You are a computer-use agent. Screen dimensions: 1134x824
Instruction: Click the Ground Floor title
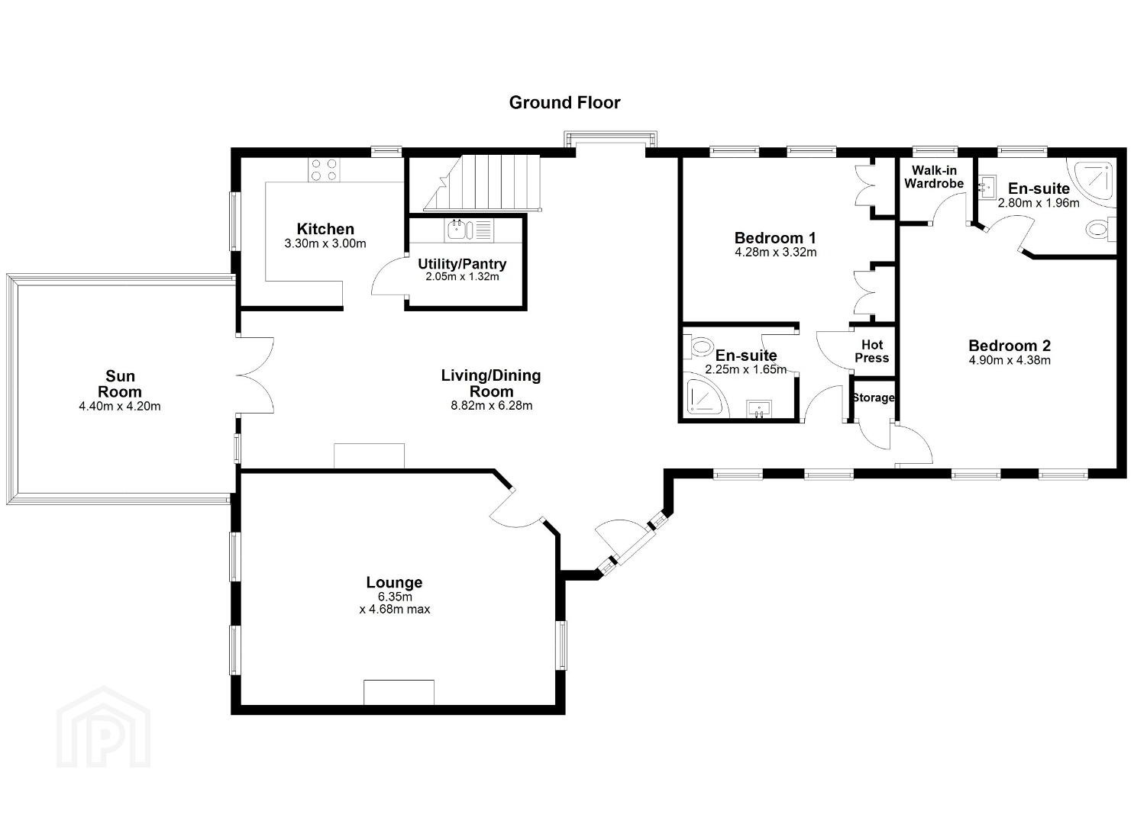[x=564, y=103]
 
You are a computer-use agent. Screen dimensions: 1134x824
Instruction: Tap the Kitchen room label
[x=325, y=229]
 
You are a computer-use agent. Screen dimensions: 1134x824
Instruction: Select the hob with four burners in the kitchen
[x=324, y=169]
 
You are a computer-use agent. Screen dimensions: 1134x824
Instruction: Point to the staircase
[x=482, y=182]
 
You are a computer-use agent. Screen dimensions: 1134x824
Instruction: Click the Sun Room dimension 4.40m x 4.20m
[x=120, y=406]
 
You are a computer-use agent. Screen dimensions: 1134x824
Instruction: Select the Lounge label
[x=394, y=582]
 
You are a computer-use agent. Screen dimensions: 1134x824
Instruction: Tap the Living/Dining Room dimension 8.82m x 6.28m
[x=492, y=406]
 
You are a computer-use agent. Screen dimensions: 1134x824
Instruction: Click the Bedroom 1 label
[x=775, y=238]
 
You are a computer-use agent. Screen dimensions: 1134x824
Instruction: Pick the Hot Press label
[x=872, y=352]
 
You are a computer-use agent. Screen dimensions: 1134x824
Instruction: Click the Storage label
[x=874, y=398]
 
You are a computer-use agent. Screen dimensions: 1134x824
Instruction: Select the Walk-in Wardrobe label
[x=934, y=177]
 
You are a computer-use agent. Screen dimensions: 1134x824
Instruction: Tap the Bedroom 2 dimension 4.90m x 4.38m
[x=1010, y=361]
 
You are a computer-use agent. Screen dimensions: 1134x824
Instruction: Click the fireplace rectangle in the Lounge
[x=399, y=692]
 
